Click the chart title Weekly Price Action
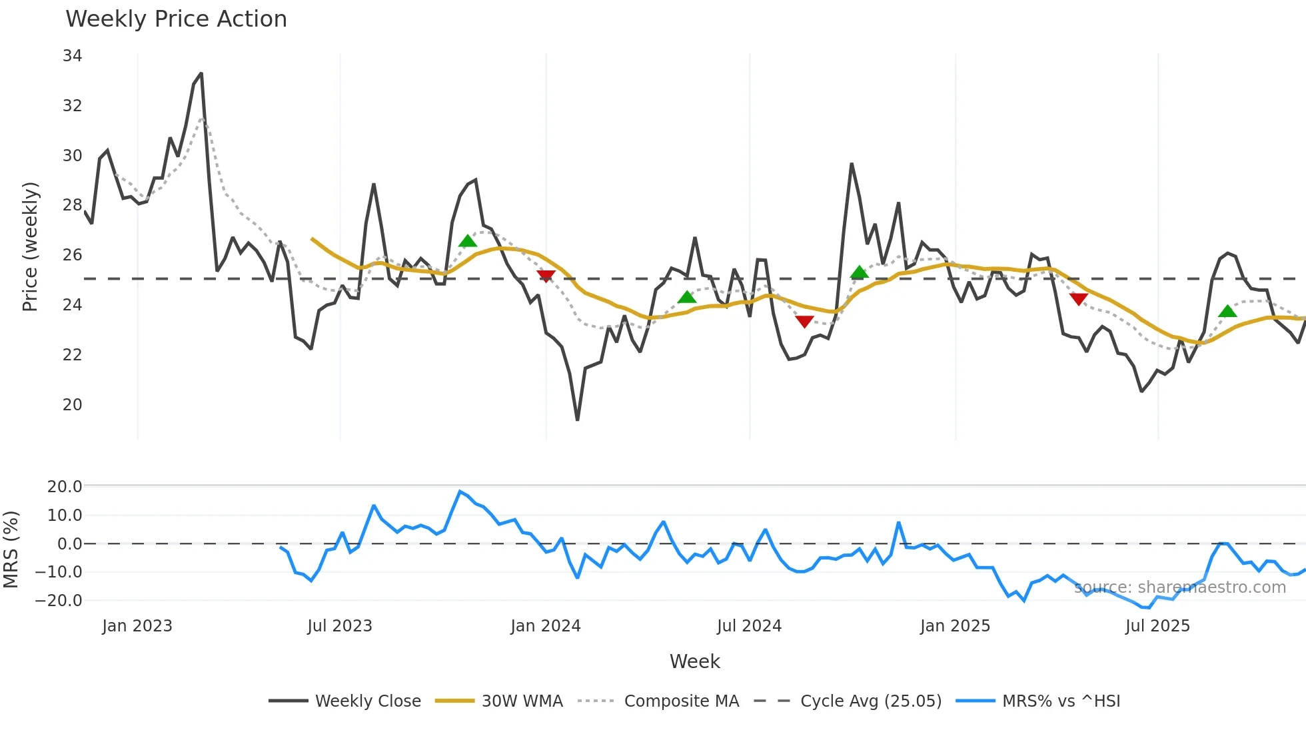pos(176,19)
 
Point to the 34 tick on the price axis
pos(72,56)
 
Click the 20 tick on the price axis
pos(72,405)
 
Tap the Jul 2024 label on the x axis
pos(749,626)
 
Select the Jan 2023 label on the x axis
pos(137,626)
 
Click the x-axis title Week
pos(694,661)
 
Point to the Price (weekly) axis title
pos(30,246)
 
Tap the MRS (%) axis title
pos(11,550)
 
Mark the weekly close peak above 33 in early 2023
pos(201,74)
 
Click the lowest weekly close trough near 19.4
pos(577,420)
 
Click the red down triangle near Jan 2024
pos(546,276)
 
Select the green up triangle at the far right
pos(1227,311)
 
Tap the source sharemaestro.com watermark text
pos(1179,587)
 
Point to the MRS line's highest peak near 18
pos(460,492)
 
